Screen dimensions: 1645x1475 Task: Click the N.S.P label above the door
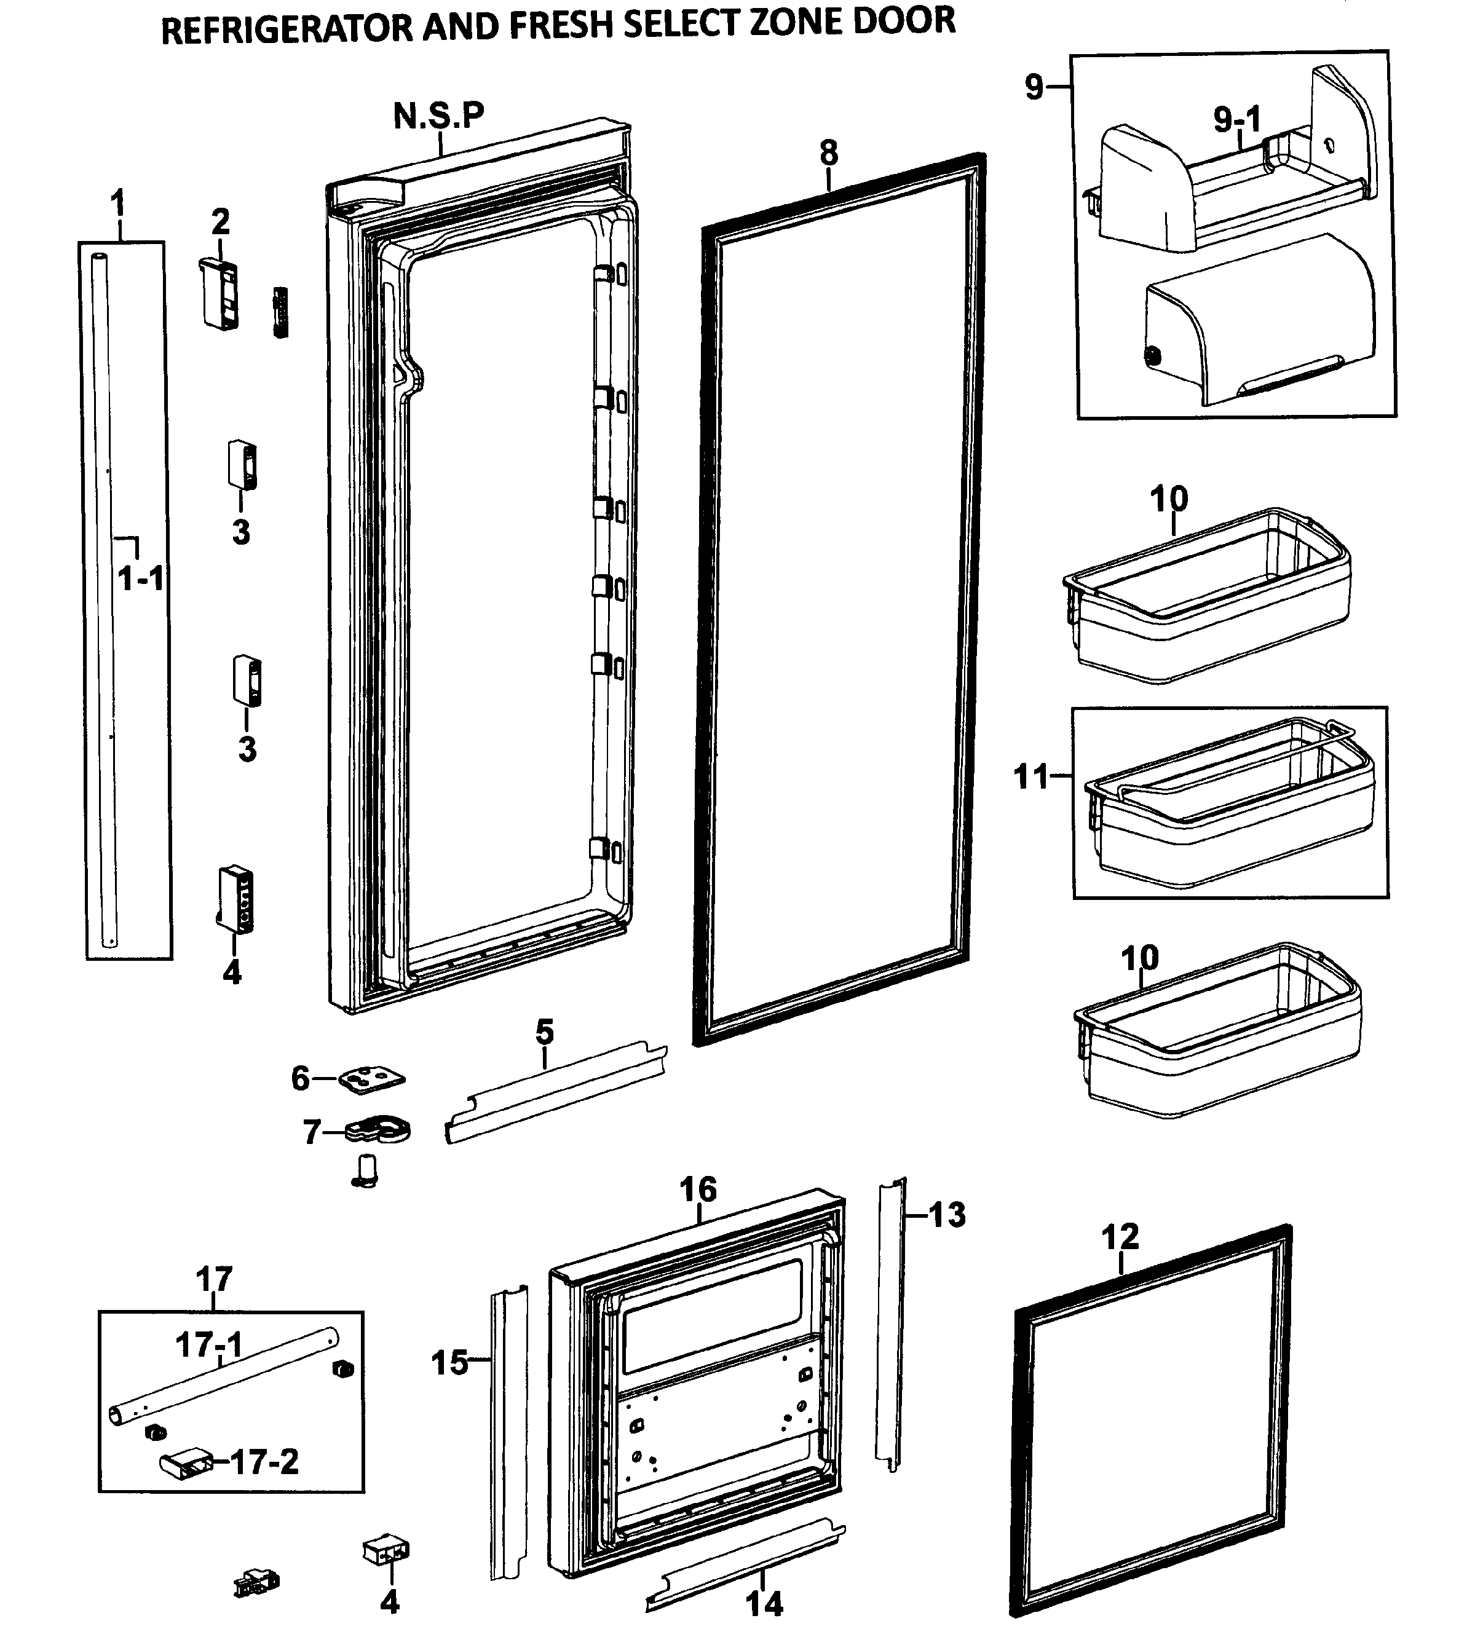[x=438, y=116]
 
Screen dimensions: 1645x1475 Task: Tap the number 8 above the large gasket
[x=828, y=152]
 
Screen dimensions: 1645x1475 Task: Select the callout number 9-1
[x=1236, y=120]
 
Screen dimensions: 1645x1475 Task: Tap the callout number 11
[x=1031, y=777]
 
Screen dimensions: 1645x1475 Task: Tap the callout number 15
[x=450, y=1362]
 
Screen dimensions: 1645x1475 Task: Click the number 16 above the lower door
[x=698, y=1189]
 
